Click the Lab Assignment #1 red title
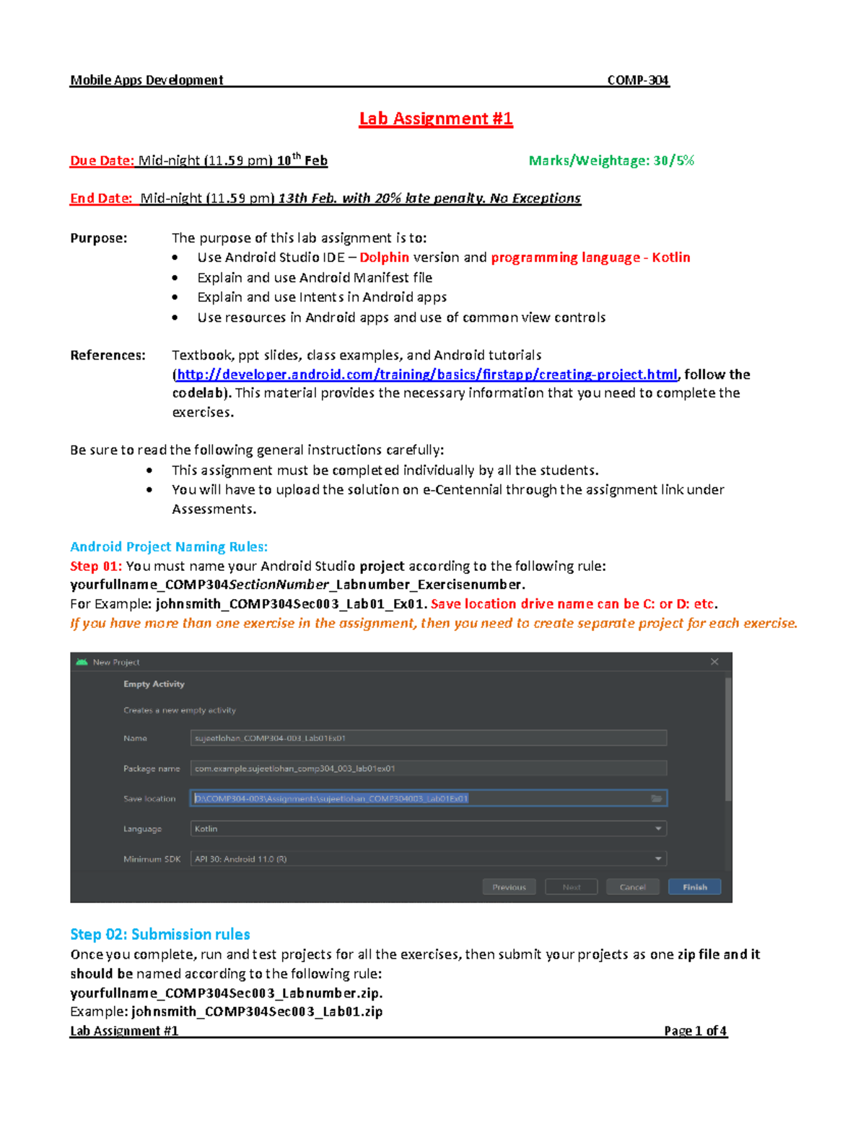(436, 119)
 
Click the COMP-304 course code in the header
(638, 80)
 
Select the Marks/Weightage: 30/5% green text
(611, 161)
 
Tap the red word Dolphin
(384, 258)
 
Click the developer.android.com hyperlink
(427, 375)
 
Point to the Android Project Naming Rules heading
(169, 547)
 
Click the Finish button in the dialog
(694, 887)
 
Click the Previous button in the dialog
(509, 887)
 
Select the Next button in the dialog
(571, 887)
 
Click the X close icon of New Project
(714, 662)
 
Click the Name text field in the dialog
(428, 738)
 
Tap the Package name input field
(428, 769)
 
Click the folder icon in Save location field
(657, 798)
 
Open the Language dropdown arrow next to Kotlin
(658, 829)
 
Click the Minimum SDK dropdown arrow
(658, 859)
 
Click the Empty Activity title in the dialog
(154, 684)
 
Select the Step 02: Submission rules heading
(160, 935)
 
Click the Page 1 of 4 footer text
(695, 1031)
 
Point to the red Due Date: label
(102, 161)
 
